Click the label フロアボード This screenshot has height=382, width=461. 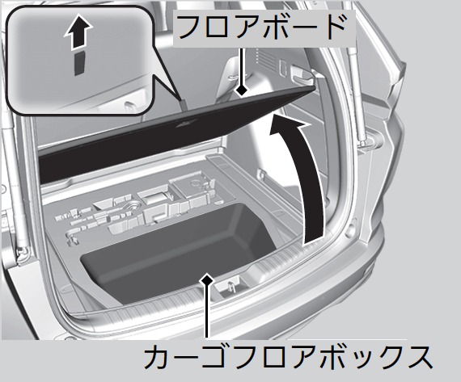pyautogui.click(x=262, y=27)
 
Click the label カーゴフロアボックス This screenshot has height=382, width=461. pyautogui.click(x=288, y=357)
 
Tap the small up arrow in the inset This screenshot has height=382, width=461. pyautogui.click(x=78, y=32)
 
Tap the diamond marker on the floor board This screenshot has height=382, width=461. pyautogui.click(x=242, y=90)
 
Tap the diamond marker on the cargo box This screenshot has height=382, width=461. pyautogui.click(x=207, y=280)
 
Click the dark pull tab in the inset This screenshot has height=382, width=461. pyautogui.click(x=79, y=63)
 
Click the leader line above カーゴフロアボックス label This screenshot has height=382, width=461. pyautogui.click(x=207, y=311)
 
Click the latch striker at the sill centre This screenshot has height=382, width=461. pyautogui.click(x=230, y=287)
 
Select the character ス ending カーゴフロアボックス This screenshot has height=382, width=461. pyautogui.click(x=419, y=357)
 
